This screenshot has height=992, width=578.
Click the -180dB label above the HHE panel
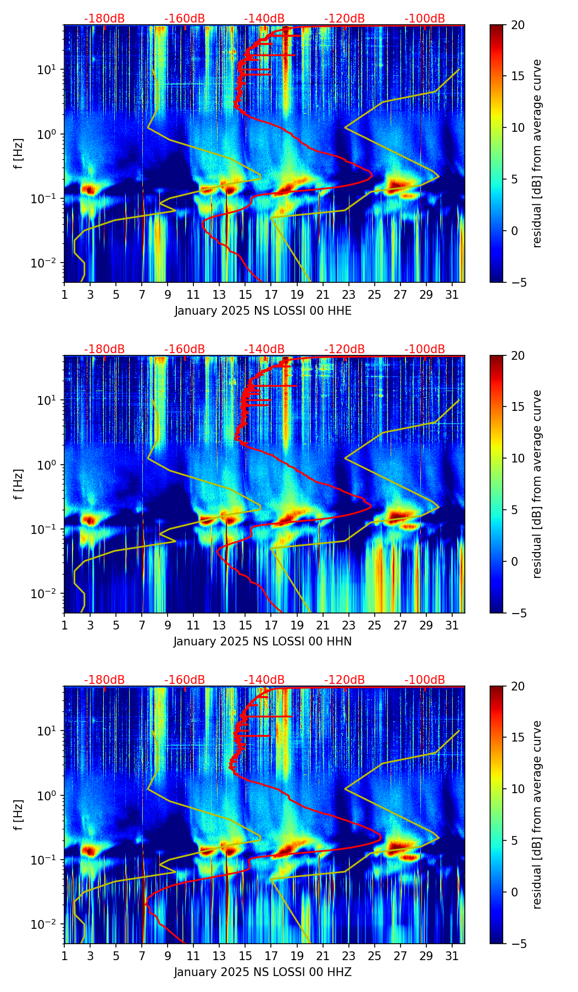[104, 19]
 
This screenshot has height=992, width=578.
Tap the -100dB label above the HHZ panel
[425, 680]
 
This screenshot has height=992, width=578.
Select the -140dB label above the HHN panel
[264, 349]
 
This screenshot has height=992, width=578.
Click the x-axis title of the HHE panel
[263, 311]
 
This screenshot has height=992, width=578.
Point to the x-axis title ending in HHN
[263, 642]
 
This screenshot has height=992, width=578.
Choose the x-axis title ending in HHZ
[263, 972]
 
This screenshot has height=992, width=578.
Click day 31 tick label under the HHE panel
[452, 294]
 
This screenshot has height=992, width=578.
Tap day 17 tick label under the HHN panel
[271, 625]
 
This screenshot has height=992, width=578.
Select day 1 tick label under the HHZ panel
[64, 956]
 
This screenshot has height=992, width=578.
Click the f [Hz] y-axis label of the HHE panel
[19, 153]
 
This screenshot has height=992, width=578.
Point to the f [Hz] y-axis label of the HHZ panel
[19, 815]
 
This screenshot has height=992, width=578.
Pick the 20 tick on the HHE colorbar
[518, 25]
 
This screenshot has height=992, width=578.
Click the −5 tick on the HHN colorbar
[518, 613]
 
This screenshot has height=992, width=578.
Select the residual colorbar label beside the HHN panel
[537, 484]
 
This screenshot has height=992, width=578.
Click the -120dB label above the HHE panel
[344, 19]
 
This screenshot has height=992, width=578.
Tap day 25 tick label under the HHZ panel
[375, 956]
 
